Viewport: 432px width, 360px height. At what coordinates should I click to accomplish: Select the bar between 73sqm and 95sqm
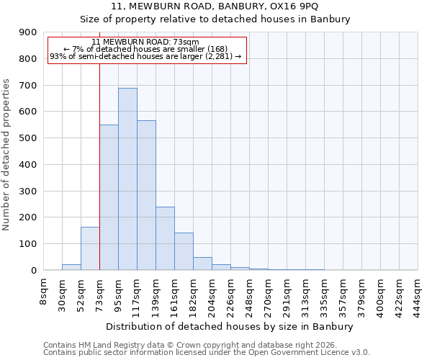pyautogui.click(x=109, y=197)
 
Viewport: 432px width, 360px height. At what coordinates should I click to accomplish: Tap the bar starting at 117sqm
pyautogui.click(x=146, y=195)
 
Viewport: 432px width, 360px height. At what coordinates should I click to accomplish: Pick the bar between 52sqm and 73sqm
pyautogui.click(x=90, y=248)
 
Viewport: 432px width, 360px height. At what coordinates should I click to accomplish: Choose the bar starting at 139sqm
pyautogui.click(x=165, y=238)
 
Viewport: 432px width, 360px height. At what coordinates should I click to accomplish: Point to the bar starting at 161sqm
pyautogui.click(x=184, y=251)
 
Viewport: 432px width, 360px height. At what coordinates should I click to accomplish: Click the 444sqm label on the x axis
pyautogui.click(x=418, y=294)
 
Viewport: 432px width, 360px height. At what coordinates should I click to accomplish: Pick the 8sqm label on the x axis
pyautogui.click(x=44, y=289)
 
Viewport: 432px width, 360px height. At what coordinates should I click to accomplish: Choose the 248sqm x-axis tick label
pyautogui.click(x=249, y=294)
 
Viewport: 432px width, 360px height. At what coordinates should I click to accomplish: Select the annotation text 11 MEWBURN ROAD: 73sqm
pyautogui.click(x=146, y=42)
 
